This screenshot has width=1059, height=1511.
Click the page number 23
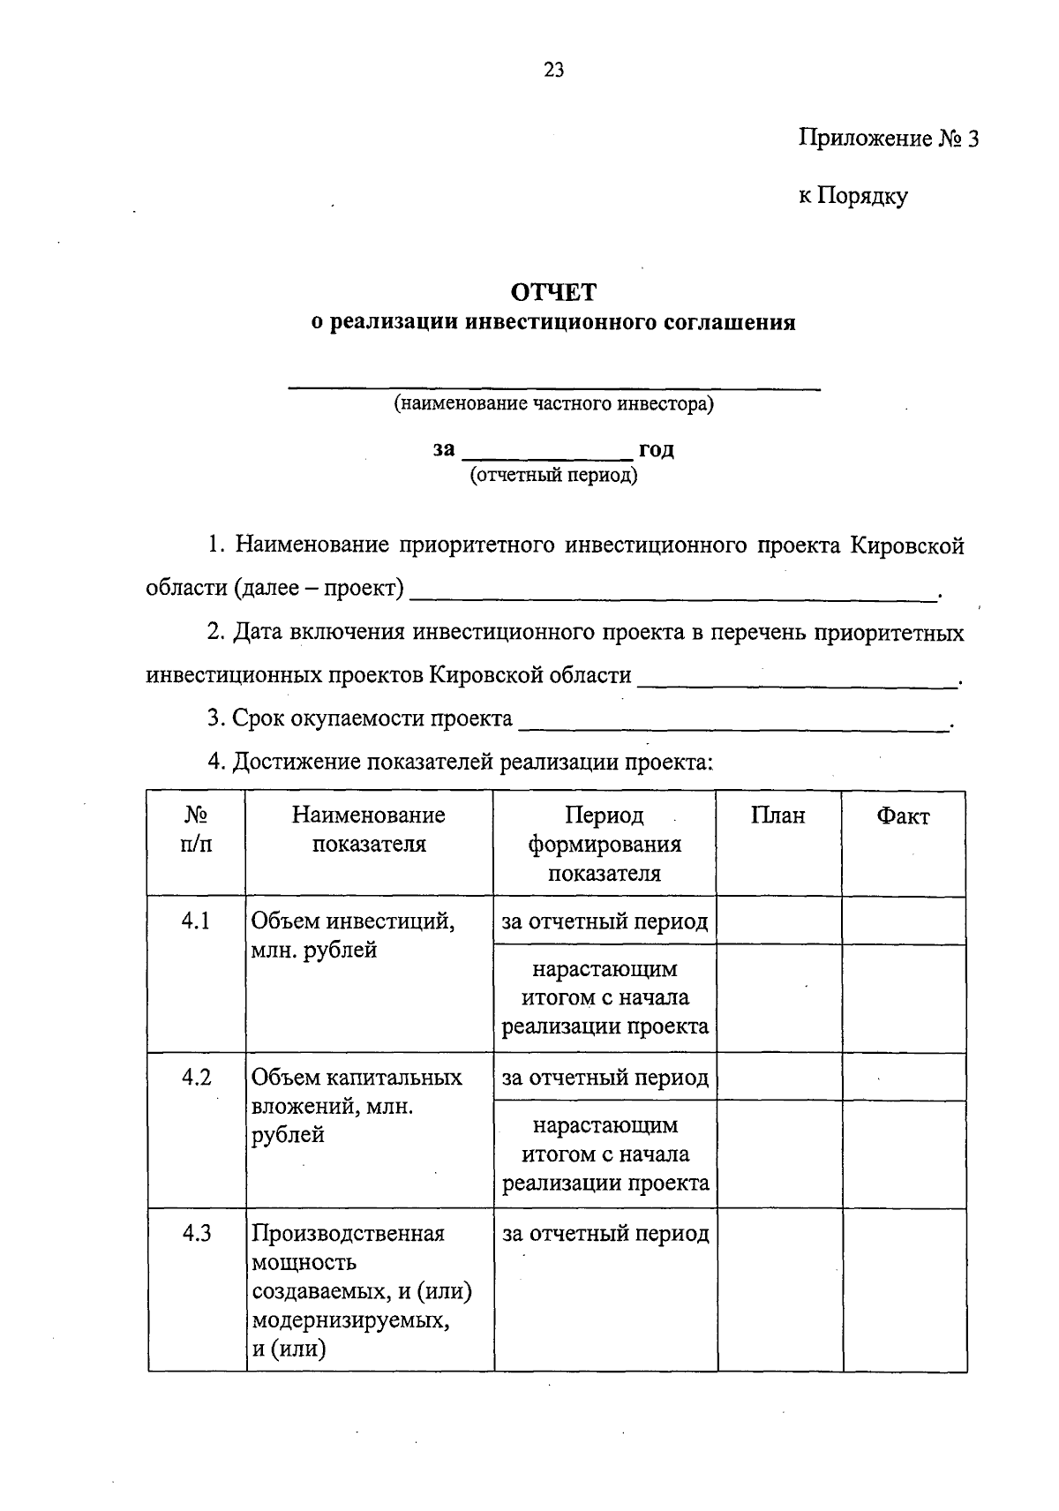(x=553, y=71)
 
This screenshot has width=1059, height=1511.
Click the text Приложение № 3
(x=888, y=139)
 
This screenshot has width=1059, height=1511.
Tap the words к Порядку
(x=852, y=196)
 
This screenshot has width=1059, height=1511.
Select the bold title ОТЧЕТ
(x=553, y=292)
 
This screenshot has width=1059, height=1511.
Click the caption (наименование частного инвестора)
(x=553, y=404)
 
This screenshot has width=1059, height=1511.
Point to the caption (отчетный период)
(x=553, y=476)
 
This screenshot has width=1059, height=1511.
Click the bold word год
(x=656, y=449)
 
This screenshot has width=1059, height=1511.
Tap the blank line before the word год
(x=547, y=455)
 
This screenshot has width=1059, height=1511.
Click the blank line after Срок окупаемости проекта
(x=732, y=725)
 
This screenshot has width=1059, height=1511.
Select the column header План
(x=778, y=816)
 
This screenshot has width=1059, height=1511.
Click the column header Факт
(x=903, y=817)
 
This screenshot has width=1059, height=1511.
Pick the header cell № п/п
(x=196, y=830)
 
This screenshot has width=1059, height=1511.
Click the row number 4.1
(x=196, y=921)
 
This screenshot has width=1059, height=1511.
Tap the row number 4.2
(x=196, y=1078)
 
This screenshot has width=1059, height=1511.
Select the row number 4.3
(x=196, y=1234)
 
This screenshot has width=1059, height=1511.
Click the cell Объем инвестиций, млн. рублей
(x=353, y=936)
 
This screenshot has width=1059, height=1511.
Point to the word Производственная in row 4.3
(x=348, y=1234)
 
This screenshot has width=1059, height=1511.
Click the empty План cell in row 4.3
(x=779, y=1289)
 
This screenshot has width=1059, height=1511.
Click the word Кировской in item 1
(x=907, y=546)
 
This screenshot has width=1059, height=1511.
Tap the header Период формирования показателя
(x=605, y=845)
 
